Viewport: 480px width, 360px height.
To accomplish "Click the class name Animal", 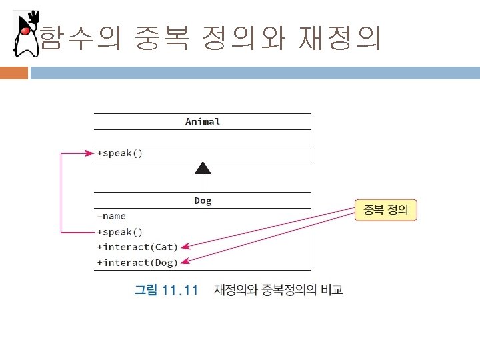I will (202, 121).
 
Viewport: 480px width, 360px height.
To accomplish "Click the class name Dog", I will (202, 200).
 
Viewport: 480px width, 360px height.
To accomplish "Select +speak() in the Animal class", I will (120, 153).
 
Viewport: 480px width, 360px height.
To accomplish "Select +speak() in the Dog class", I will (120, 232).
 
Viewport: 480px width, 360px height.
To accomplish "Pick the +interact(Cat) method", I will (137, 247).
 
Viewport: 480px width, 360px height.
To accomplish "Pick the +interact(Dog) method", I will (137, 263).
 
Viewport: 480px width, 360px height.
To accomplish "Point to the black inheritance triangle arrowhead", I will (203, 168).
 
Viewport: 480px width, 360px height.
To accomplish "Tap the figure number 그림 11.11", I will (166, 291).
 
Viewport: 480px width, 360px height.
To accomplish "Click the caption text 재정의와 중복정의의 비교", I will (279, 291).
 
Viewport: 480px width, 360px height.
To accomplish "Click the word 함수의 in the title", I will (80, 39).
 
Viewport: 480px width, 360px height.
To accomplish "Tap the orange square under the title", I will (14, 72).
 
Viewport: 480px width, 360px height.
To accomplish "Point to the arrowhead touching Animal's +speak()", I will (90, 153).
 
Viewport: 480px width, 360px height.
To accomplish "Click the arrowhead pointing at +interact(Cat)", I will (186, 245).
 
